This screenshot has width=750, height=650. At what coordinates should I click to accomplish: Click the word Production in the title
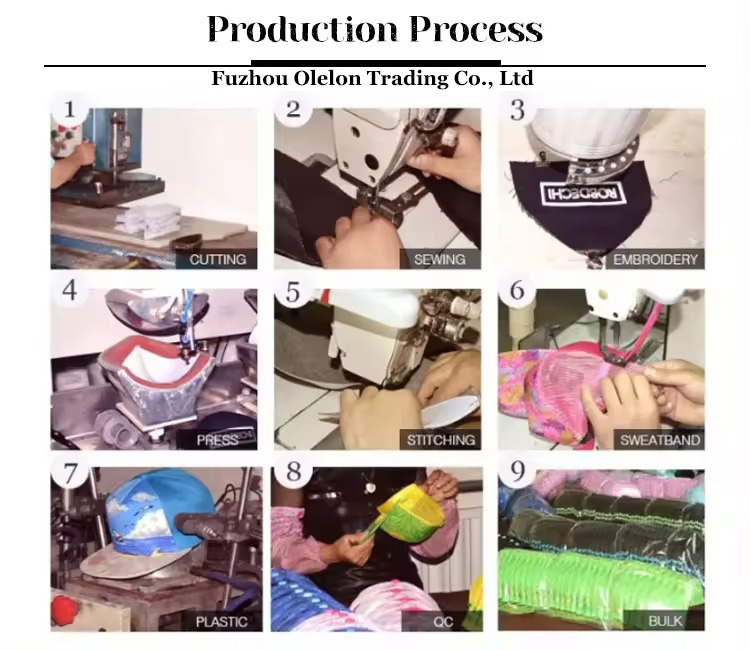pos(302,29)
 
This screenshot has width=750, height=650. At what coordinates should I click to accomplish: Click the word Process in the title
pos(476,29)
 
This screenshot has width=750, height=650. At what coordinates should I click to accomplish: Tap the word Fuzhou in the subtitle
pos(249,78)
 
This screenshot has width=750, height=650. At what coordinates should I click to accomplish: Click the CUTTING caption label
pos(218,259)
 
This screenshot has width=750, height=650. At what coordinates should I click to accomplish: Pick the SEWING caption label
pos(440,259)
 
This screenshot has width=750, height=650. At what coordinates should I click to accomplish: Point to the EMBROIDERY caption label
pos(655,259)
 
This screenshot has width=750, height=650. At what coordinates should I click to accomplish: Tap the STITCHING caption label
pos(441,440)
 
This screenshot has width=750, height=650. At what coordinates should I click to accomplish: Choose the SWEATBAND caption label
pos(660,440)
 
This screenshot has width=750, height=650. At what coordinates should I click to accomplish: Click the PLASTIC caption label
pos(221,622)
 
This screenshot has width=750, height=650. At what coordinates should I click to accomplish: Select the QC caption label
pos(443,622)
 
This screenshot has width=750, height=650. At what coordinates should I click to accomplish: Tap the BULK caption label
pos(665,621)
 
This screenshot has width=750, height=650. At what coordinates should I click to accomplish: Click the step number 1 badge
pos(70,109)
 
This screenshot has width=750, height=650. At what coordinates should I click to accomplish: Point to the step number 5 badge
pos(293,292)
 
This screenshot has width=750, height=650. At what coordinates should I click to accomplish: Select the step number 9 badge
pos(518,472)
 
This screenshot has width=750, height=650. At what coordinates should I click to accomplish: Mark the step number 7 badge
pos(70,474)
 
